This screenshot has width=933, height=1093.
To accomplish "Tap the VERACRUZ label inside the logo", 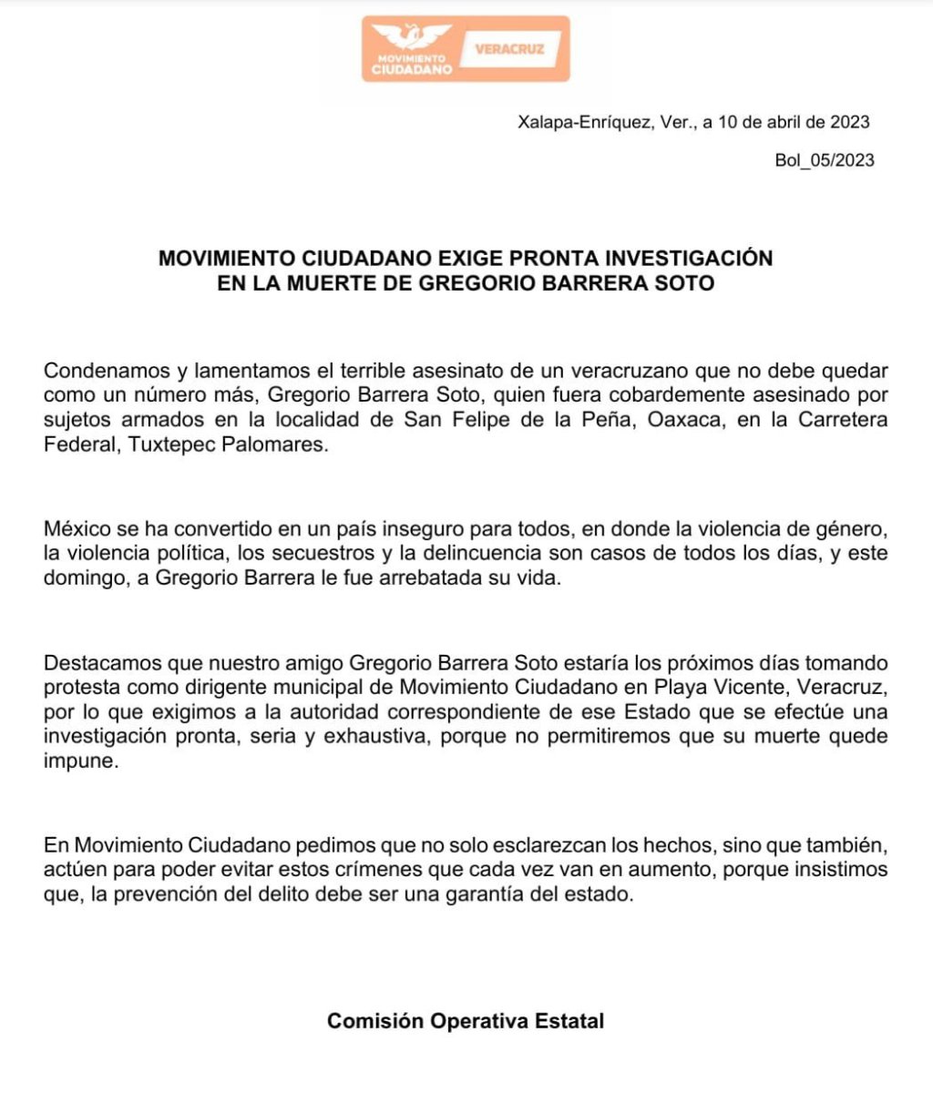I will (509, 48).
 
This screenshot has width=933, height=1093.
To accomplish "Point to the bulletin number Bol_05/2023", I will (824, 160).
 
